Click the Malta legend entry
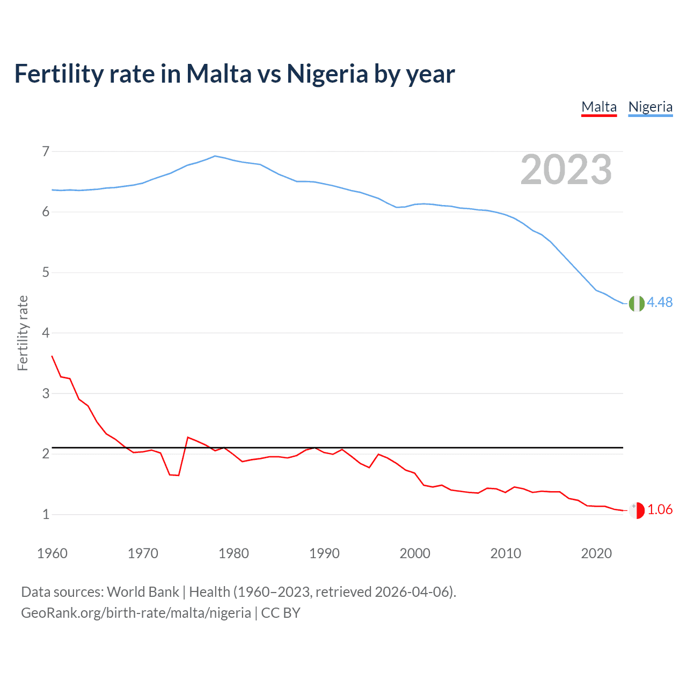[x=599, y=107]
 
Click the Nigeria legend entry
[x=650, y=107]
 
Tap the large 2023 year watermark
[x=566, y=170]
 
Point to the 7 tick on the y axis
[x=46, y=151]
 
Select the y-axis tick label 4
[x=46, y=333]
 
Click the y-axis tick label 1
[x=46, y=514]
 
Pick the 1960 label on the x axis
[x=52, y=553]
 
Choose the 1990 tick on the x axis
[x=324, y=553]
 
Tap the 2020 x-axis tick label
[x=596, y=553]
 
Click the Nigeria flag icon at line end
[x=637, y=303]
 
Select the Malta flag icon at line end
[x=637, y=510]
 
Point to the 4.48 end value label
[x=660, y=303]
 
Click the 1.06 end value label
[x=660, y=510]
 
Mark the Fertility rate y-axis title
[x=23, y=333]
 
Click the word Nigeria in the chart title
[x=327, y=74]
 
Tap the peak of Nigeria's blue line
[x=215, y=156]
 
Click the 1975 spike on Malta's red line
[x=188, y=437]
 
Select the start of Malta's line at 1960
[x=52, y=356]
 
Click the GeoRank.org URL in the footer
[x=136, y=613]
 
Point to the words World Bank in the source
[x=143, y=592]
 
